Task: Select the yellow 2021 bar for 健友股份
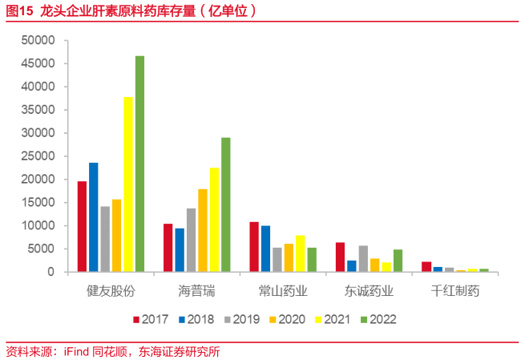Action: [x=128, y=184]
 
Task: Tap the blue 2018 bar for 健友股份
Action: [x=94, y=217]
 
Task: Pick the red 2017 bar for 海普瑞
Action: [x=168, y=248]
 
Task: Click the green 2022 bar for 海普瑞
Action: [x=226, y=204]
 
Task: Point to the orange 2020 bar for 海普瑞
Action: [x=203, y=230]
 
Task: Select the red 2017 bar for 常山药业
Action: [x=254, y=247]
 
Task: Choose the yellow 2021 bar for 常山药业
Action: [x=300, y=253]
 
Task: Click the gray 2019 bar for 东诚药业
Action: [x=363, y=259]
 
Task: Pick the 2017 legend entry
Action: [x=153, y=319]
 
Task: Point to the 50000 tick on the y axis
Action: [x=38, y=40]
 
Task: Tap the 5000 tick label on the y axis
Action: [x=42, y=249]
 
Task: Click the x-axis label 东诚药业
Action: [x=369, y=290]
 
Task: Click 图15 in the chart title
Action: [x=19, y=11]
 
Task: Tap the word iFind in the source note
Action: [x=77, y=351]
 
